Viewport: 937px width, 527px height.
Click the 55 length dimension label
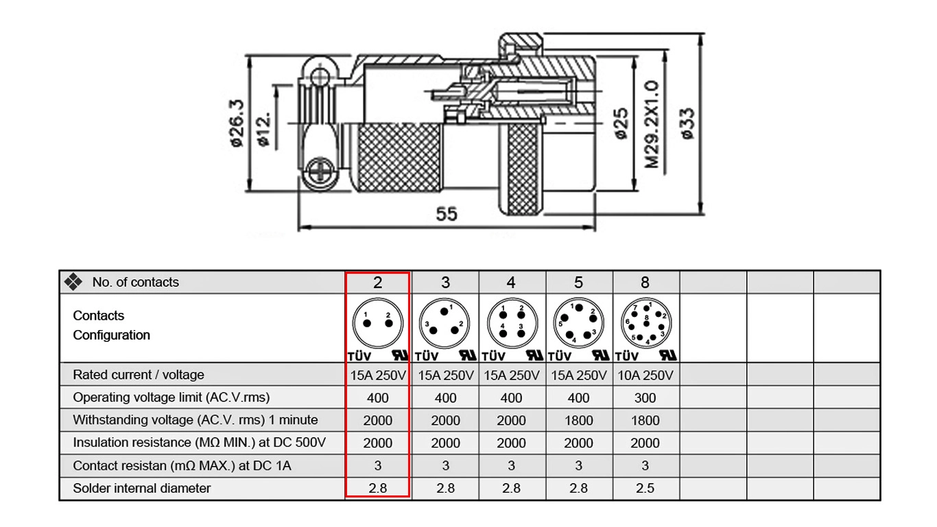point(447,214)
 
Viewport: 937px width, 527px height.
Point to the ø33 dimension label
point(687,124)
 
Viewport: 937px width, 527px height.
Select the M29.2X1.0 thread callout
point(652,124)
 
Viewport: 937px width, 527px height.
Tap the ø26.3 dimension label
point(237,124)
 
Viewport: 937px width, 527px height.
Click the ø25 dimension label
point(621,124)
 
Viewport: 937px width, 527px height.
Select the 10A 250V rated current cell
point(645,375)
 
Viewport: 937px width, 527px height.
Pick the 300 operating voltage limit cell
point(645,398)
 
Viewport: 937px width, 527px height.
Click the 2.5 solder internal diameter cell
point(645,488)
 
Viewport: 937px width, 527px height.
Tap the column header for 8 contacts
point(645,283)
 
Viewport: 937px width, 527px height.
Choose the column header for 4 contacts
point(511,283)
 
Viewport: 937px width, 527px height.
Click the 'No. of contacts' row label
point(136,282)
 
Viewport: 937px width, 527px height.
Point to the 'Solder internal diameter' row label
point(142,488)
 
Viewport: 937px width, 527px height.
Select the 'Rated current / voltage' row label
point(139,375)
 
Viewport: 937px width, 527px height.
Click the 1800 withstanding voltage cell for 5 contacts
point(578,420)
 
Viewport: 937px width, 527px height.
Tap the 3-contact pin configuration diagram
point(444,323)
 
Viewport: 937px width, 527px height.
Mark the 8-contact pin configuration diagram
point(646,323)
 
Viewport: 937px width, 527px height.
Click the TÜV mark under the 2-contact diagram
point(359,356)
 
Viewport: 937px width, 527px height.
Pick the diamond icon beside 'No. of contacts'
point(73,282)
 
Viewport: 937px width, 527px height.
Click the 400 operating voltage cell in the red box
point(378,398)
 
